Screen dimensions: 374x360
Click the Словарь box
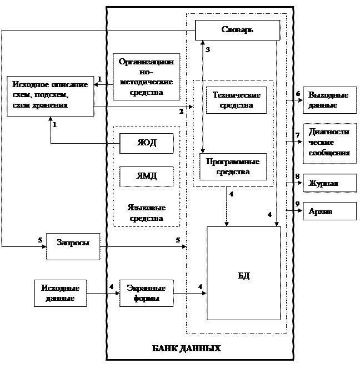tap(237, 30)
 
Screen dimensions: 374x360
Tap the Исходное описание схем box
tap(50, 95)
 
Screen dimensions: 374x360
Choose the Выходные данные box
tap(329, 100)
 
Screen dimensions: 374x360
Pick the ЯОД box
tap(147, 143)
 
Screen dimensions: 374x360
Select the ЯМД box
tap(147, 176)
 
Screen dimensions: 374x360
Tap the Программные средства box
tap(233, 166)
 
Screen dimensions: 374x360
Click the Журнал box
tap(329, 183)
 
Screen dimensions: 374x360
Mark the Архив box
tap(329, 211)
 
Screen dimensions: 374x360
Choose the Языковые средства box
tap(147, 214)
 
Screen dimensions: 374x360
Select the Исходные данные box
tap(61, 293)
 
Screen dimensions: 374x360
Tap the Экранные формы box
tap(147, 293)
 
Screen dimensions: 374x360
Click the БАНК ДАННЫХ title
tap(187, 349)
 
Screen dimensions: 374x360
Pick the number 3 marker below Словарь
tap(207, 49)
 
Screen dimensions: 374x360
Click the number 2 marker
tap(181, 111)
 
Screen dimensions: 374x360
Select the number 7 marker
tap(298, 135)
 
